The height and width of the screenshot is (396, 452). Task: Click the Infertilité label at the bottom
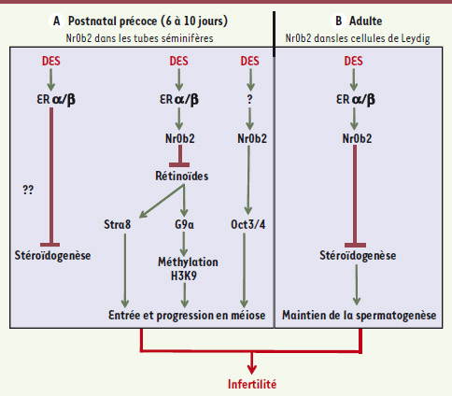coord(252,384)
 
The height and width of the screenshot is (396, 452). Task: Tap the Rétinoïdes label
coord(182,176)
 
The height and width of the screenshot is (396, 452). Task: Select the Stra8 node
coord(117,224)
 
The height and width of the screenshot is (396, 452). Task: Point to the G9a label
coord(184,224)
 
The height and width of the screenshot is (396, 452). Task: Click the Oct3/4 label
coord(248,224)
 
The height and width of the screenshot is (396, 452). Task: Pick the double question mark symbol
coord(28,190)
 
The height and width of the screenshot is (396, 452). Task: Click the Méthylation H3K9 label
coord(188,269)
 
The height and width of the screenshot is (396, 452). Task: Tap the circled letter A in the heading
coord(56,21)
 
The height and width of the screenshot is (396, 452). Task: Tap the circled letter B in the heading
coord(339,21)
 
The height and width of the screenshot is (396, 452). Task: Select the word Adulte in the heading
coord(365,21)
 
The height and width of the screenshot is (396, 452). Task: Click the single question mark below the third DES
coord(249,99)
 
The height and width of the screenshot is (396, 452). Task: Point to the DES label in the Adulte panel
coord(353,61)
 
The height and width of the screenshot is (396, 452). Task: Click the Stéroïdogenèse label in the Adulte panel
coord(358,256)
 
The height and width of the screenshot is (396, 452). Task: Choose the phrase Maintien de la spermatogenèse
coord(360,316)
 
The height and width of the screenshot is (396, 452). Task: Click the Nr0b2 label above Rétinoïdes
coord(180,138)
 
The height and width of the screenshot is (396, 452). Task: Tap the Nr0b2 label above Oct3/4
coord(252,138)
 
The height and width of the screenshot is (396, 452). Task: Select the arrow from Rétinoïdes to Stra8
coord(162,201)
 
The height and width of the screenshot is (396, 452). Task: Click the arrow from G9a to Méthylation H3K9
coord(184,244)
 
